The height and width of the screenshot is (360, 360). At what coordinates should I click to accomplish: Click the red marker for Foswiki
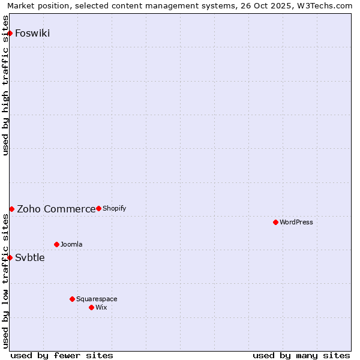pyautogui.click(x=10, y=33)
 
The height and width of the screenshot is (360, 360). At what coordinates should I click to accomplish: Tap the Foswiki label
pyautogui.click(x=32, y=33)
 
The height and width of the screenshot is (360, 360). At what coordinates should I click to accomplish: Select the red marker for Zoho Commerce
pyautogui.click(x=11, y=209)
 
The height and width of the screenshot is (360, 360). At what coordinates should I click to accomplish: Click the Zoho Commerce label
pyautogui.click(x=56, y=209)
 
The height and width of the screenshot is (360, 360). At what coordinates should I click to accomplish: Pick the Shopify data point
pyautogui.click(x=98, y=208)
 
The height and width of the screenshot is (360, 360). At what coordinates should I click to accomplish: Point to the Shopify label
pyautogui.click(x=114, y=208)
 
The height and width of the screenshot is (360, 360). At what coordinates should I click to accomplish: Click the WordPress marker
pyautogui.click(x=275, y=222)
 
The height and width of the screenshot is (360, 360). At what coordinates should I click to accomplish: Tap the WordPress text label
pyautogui.click(x=296, y=222)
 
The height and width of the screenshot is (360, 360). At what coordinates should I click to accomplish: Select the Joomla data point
pyautogui.click(x=56, y=244)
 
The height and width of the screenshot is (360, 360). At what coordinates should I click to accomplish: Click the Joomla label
pyautogui.click(x=71, y=244)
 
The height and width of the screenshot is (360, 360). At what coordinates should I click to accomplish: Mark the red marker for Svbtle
pyautogui.click(x=10, y=257)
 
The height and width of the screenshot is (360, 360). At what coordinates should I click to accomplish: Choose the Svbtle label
pyautogui.click(x=30, y=258)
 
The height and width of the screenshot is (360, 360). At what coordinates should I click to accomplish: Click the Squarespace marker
pyautogui.click(x=72, y=299)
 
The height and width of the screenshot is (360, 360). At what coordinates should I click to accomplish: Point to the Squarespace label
pyautogui.click(x=97, y=299)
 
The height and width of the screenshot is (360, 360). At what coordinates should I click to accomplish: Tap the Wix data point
pyautogui.click(x=91, y=307)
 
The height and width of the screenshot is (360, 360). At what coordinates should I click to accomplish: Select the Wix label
pyautogui.click(x=101, y=307)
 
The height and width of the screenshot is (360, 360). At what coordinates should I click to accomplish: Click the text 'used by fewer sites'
pyautogui.click(x=62, y=355)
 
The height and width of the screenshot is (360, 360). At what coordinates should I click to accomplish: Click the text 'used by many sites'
pyautogui.click(x=301, y=355)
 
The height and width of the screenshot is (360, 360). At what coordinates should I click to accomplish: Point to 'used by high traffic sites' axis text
pyautogui.click(x=6, y=86)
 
